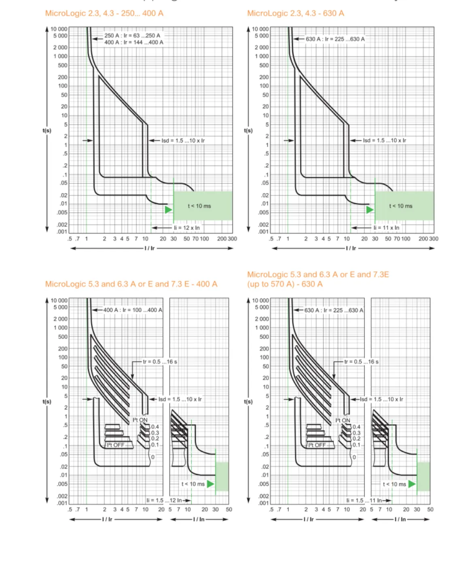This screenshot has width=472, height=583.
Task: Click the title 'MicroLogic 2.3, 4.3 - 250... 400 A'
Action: coord(104,13)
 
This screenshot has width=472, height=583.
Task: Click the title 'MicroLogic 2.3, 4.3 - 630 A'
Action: coord(295,13)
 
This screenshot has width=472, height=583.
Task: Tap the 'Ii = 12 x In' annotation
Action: coord(186,228)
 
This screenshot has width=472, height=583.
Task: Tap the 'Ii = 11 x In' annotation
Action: coord(386,228)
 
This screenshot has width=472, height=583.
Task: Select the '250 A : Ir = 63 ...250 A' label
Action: coord(132,36)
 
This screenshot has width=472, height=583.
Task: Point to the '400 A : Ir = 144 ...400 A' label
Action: coord(134,42)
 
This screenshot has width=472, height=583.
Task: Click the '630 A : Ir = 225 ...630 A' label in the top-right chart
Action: coord(335,39)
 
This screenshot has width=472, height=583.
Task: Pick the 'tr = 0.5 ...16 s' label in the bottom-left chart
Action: coord(160,362)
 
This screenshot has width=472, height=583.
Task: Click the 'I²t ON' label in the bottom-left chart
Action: coord(140,420)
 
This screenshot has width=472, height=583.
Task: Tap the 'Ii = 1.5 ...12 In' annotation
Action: coord(164,500)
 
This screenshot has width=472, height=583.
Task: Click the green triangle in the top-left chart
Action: coord(169,210)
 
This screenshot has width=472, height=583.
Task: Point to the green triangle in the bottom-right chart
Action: coord(412,484)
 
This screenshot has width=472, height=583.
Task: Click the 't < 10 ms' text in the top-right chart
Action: coord(400,206)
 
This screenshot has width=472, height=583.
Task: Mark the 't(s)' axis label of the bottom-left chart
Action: coord(47,402)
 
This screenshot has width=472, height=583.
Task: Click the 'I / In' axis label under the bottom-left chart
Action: coord(199,520)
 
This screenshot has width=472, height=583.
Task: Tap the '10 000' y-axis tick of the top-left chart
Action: coord(59,29)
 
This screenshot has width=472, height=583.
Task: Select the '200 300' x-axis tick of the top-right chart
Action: coord(428,239)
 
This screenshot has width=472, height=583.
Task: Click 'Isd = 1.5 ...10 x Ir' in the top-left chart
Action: coord(183,141)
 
